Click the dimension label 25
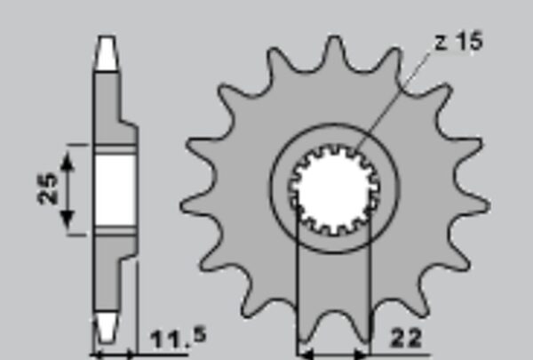coord(48,188)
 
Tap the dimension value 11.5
coord(179,339)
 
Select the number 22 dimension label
coord(407,339)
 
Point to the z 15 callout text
coord(458,42)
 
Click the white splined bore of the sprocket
coord(335,189)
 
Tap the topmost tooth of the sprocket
coord(335,51)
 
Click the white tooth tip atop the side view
coord(107,52)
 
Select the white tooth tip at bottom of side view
coord(107,327)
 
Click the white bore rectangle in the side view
coord(115,190)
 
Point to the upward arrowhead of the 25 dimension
coord(68,161)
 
